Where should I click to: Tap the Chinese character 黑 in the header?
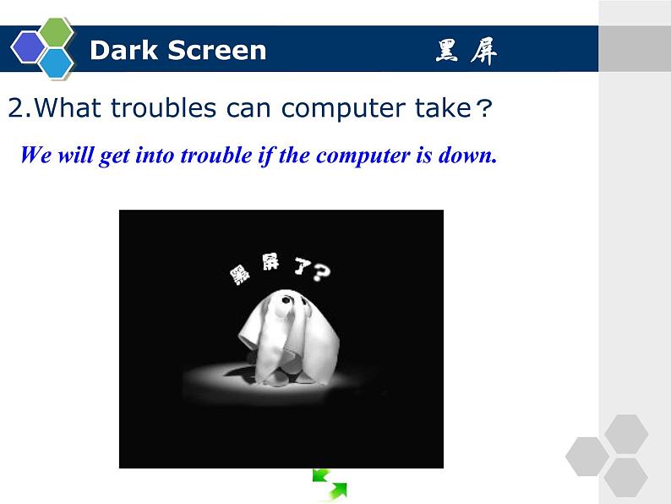coord(448,52)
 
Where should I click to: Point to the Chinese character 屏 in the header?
coord(484,52)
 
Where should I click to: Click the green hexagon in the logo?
coord(57,32)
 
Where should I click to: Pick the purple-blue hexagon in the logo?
coord(28,47)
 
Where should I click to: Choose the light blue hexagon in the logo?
coord(57,62)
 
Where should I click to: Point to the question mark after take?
coord(483,108)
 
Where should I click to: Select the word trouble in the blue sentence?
coord(218,156)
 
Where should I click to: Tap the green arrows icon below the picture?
coord(330,484)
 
